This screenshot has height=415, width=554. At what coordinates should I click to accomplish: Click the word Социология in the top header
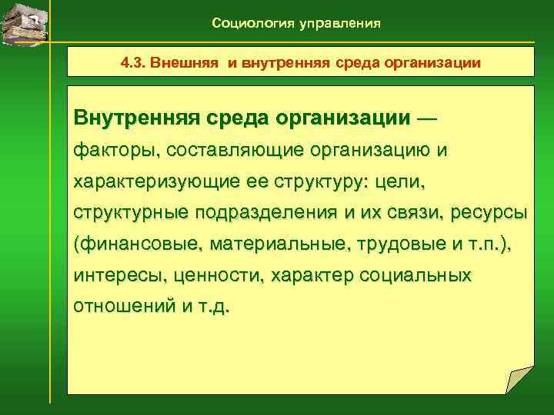point(248,24)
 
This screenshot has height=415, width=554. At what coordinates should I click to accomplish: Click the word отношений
point(120,305)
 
